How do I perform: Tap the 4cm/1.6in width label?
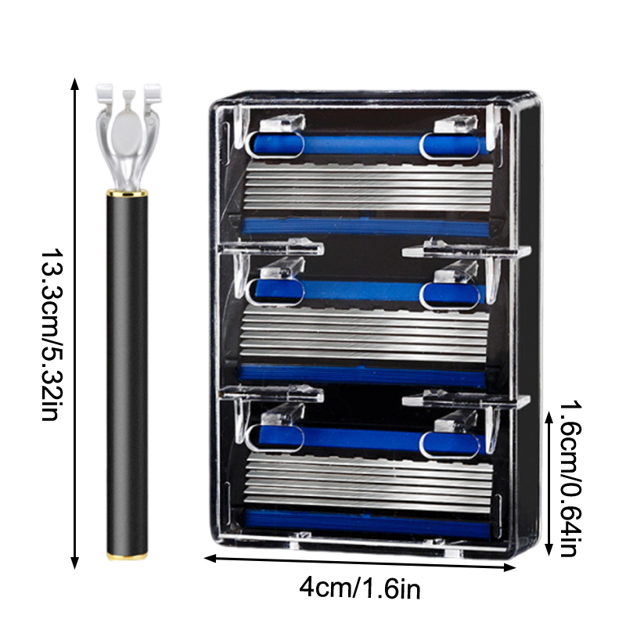click(360, 588)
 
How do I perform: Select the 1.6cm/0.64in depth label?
click(570, 479)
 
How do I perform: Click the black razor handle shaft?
click(127, 374)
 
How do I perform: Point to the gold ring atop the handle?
click(127, 193)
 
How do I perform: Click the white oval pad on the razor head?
click(126, 133)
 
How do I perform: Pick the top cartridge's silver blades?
click(369, 187)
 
